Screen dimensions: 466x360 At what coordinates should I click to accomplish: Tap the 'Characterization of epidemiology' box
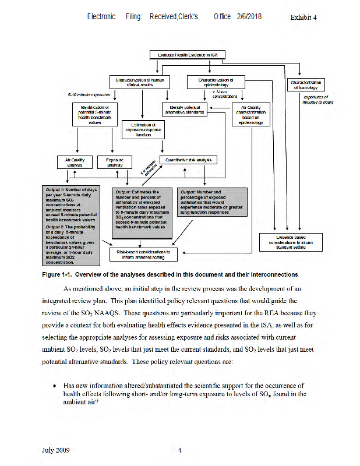215,82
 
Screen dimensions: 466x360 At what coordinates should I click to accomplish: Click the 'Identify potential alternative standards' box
185,110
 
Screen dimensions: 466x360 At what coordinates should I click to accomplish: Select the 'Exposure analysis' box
114,162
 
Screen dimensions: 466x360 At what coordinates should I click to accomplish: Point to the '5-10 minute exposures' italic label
89,94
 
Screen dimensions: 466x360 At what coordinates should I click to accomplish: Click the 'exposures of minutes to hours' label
317,100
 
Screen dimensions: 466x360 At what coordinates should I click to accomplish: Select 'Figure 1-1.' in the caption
57,274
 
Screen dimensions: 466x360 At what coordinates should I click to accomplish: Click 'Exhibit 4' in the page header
303,17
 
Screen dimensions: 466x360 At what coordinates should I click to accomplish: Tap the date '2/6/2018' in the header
249,16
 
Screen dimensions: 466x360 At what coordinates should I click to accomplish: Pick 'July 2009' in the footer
56,450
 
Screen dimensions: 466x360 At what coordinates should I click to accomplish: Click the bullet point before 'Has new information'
54,386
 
